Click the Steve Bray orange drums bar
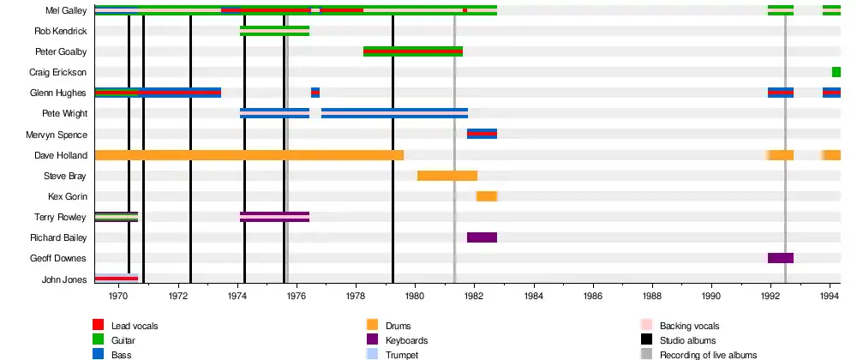[446, 176]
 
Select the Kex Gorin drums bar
[487, 196]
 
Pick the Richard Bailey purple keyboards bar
[482, 237]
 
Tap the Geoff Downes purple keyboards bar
[780, 258]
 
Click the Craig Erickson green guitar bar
[836, 72]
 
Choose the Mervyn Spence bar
[482, 134]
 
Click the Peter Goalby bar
[413, 51]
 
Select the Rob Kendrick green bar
[274, 31]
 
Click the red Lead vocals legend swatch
[99, 326]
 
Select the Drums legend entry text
[398, 327]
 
